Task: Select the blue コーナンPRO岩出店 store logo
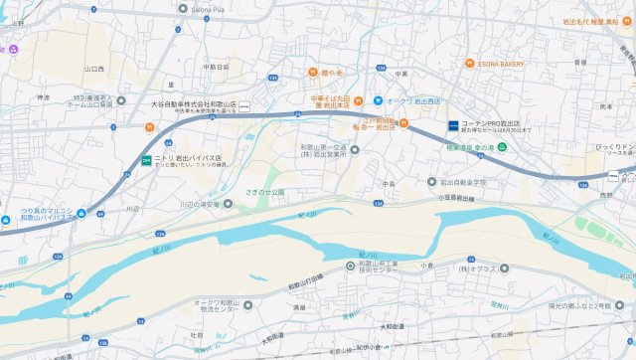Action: pos(451,126)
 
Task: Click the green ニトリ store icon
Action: pos(145,158)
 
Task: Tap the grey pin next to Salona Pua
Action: pos(181,8)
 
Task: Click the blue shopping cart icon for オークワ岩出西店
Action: pos(379,100)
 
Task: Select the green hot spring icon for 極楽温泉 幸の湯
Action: pos(502,147)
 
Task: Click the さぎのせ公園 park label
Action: pos(264,191)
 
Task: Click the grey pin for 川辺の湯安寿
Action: pos(229,204)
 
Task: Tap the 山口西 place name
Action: pos(94,69)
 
